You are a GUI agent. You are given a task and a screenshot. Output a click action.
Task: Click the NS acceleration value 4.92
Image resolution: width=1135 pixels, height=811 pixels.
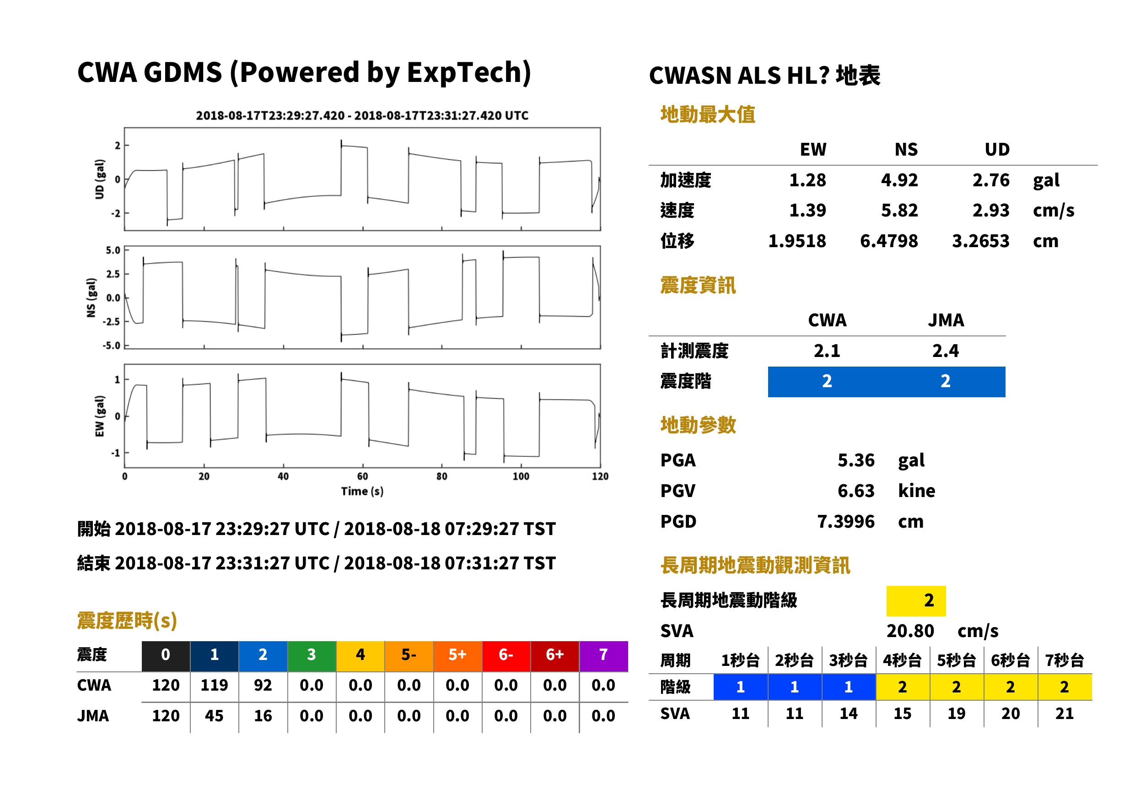point(899,180)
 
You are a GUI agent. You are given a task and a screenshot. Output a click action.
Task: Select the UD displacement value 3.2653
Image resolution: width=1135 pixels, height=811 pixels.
point(980,241)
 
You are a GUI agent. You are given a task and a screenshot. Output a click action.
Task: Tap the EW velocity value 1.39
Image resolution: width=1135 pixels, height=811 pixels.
point(807,210)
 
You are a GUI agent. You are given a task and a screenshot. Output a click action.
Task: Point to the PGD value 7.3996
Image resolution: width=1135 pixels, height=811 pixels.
point(845,521)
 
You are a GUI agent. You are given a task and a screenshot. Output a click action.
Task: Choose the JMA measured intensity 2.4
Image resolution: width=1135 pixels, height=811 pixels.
point(945,351)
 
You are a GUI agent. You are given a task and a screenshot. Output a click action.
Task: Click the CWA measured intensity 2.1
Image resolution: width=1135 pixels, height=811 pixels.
point(827,351)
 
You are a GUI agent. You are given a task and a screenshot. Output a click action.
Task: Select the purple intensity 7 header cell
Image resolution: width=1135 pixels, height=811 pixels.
point(603,656)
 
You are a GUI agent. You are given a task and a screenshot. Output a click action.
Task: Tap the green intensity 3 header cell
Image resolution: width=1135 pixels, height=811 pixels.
point(312,656)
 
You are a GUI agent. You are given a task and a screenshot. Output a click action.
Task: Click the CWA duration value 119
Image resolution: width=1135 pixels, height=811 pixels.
point(214,685)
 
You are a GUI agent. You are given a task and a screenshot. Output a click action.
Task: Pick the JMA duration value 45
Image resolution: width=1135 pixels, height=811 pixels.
point(214,716)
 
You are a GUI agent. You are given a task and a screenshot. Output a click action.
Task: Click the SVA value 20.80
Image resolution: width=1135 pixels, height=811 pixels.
point(910,631)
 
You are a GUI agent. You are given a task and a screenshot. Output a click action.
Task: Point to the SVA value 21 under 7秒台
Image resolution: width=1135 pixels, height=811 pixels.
point(1064,713)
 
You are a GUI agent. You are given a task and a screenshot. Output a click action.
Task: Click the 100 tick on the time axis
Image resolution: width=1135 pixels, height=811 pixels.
point(521,476)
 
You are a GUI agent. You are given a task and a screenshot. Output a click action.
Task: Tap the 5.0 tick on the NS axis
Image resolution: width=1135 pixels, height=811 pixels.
point(113,250)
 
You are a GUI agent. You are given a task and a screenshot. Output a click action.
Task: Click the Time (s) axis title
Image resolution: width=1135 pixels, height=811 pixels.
point(362,491)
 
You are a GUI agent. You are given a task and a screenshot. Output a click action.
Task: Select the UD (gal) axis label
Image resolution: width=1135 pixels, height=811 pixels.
point(100,179)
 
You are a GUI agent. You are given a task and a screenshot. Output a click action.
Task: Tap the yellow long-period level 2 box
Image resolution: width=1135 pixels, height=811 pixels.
point(916,601)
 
